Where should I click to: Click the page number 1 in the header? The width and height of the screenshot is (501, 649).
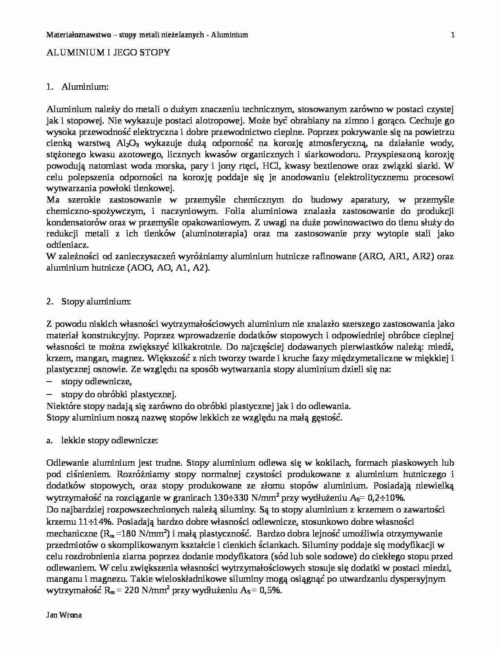453,35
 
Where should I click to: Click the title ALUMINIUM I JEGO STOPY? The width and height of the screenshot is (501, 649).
108,53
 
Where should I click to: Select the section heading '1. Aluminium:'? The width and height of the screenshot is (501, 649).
77,87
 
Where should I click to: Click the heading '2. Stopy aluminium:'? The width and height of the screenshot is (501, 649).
88,302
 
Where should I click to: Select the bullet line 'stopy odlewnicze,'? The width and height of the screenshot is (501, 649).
96,382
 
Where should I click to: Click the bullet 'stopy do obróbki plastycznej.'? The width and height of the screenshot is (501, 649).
119,394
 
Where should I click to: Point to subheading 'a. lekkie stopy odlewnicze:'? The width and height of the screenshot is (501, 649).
102,441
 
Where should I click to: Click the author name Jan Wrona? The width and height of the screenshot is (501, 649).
64,615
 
